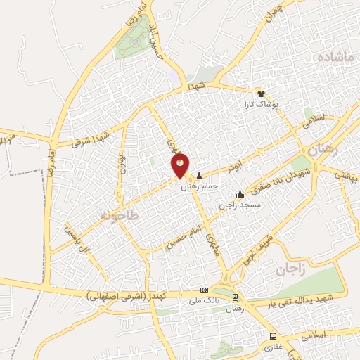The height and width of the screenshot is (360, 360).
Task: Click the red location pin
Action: click(181, 165)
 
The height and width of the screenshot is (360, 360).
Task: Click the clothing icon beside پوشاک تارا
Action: click(260, 92)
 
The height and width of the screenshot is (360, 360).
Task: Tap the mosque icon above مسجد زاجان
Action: click(240, 194)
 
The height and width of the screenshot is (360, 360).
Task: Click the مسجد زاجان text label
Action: click(240, 205)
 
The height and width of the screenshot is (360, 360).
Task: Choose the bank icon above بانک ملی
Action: click(204, 290)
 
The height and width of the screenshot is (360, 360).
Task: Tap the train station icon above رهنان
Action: click(236, 297)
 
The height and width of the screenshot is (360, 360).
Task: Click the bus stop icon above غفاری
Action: click(273, 335)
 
